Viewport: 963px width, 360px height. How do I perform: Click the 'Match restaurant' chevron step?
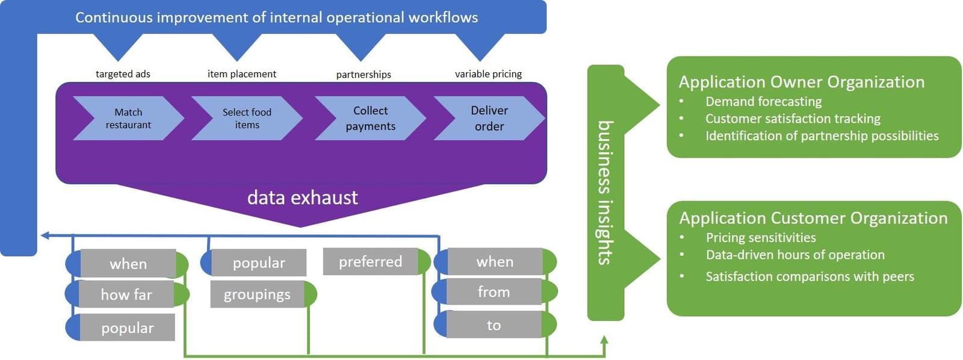(128, 119)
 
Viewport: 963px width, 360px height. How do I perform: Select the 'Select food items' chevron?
(247, 119)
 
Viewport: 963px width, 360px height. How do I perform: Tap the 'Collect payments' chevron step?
(370, 119)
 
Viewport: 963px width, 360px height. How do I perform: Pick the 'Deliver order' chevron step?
(489, 119)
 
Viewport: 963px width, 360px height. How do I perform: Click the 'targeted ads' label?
(123, 74)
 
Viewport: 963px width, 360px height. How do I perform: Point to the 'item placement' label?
(241, 74)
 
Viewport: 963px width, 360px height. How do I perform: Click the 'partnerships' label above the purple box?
(364, 75)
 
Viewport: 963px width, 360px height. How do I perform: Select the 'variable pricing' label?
(488, 74)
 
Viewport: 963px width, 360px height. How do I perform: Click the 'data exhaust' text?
(302, 197)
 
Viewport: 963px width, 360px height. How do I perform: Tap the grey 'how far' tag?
(126, 294)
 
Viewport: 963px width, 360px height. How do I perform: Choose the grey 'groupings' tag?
(257, 294)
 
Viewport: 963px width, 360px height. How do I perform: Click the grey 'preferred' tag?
(370, 262)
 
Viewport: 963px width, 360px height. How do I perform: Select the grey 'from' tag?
(494, 292)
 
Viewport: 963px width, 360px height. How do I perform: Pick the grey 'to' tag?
(494, 325)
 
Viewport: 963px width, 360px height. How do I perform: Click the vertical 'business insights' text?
(605, 193)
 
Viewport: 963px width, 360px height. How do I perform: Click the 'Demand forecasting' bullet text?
(763, 101)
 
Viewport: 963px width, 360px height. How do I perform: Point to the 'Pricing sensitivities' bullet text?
(761, 237)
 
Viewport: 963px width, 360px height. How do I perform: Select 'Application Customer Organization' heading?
(813, 218)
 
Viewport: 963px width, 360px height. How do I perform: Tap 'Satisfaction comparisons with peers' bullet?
(810, 276)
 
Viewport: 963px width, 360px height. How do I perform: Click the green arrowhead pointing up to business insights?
(604, 340)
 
